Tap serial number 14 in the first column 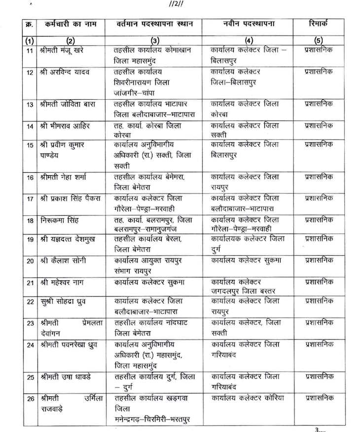(x=30, y=126)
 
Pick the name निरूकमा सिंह (x=61, y=219)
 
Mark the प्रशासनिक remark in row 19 (x=319, y=239)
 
